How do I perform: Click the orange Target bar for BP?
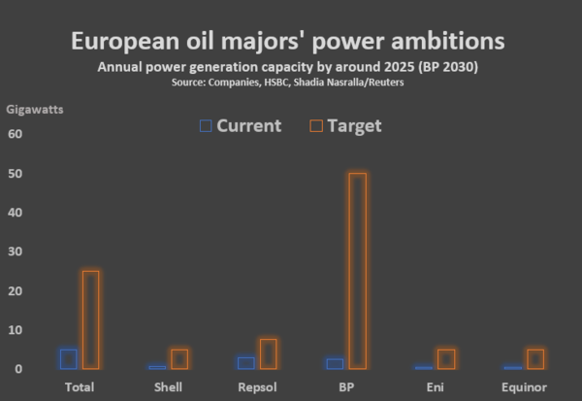358,271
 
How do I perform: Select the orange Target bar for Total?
90,319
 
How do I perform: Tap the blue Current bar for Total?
68,358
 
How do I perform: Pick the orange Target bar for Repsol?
269,353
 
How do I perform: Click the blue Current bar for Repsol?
246,363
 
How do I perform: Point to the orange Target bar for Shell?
179,358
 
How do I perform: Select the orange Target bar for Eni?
446,358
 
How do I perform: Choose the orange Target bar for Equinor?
535,358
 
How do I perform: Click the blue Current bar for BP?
335,363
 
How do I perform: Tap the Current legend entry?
240,125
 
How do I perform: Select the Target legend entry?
344,125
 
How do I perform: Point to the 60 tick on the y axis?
15,134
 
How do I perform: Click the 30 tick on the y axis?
15,251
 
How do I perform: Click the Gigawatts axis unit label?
36,109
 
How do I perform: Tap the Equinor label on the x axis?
526,387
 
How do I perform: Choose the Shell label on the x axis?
168,387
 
